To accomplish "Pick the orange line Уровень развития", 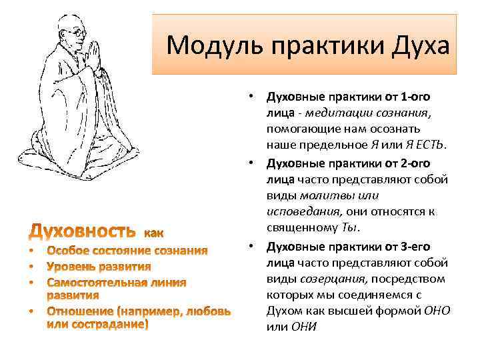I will click(x=99, y=267).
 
